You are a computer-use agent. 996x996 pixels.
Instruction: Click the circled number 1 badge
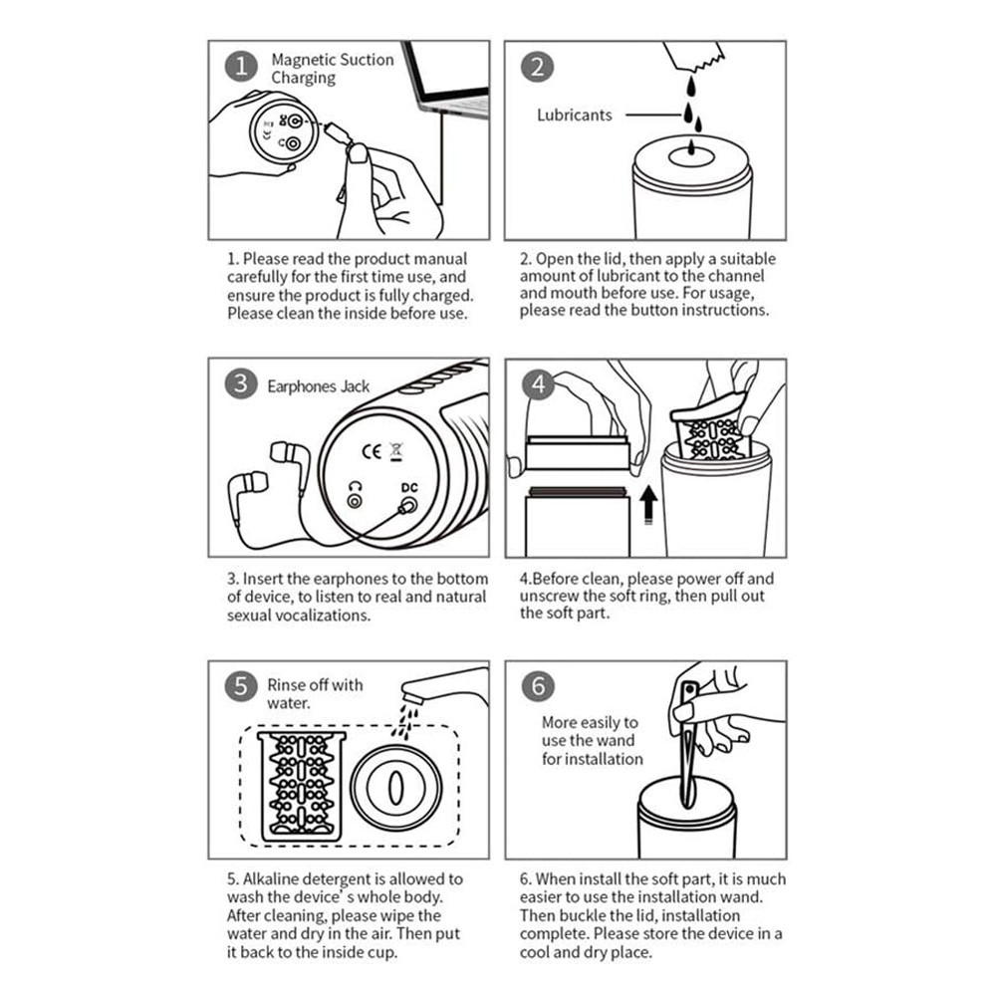point(241,67)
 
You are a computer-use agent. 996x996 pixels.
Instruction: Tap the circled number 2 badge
point(538,67)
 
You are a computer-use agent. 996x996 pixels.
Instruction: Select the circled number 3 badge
point(241,383)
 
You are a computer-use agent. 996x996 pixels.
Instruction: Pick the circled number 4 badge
point(538,383)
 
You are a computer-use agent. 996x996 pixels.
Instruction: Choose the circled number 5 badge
point(241,686)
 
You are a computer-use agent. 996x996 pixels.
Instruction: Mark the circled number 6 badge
point(538,686)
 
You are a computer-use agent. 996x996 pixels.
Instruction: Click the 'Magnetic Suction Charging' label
point(333,69)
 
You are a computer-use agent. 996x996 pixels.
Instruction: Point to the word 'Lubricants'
point(575,115)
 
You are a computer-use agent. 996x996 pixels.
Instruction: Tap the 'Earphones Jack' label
point(319,386)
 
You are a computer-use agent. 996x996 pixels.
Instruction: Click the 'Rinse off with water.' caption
point(315,693)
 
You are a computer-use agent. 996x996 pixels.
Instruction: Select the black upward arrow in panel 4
point(648,505)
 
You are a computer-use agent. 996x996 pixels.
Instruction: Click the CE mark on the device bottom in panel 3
point(372,451)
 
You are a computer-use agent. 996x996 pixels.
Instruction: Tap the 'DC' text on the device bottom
point(409,487)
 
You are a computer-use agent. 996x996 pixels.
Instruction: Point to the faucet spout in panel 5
point(444,685)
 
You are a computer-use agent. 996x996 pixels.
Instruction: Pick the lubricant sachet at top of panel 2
point(693,56)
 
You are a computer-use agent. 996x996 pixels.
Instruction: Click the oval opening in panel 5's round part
point(396,787)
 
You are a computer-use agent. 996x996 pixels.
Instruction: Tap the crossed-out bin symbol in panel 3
point(396,451)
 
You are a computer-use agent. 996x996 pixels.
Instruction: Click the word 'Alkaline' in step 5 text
point(271,879)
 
